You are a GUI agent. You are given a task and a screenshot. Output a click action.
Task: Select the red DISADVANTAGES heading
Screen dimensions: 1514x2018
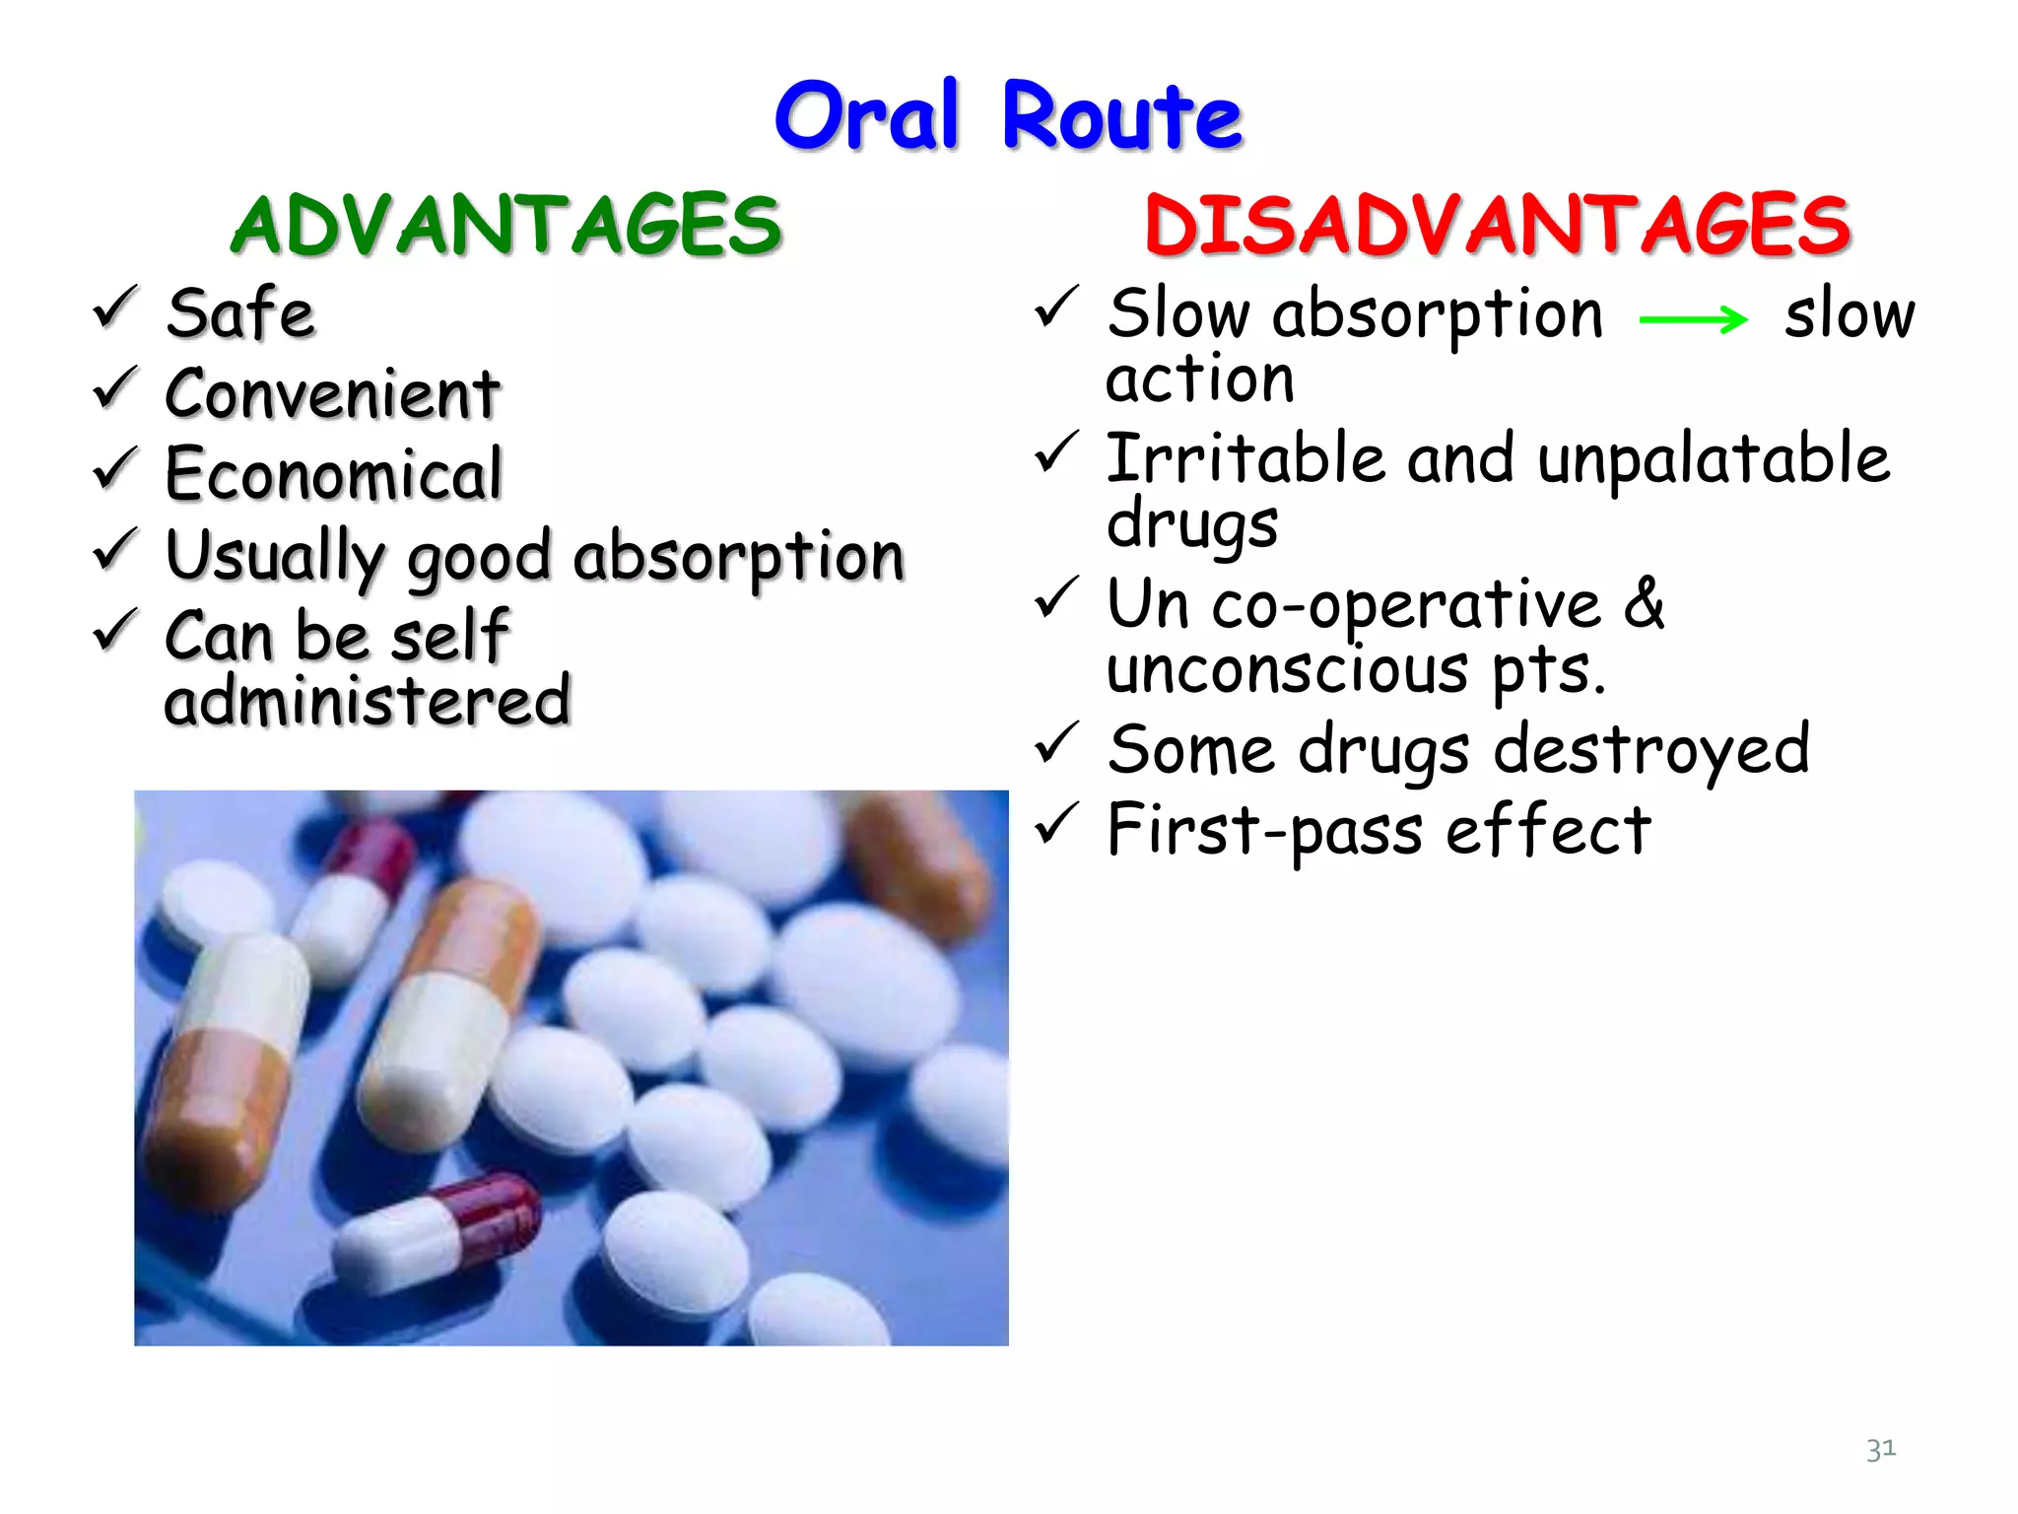coord(1497,226)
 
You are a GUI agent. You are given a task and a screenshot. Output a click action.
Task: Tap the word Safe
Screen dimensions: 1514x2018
coord(240,313)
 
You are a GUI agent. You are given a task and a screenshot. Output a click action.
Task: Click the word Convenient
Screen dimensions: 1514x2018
coord(332,394)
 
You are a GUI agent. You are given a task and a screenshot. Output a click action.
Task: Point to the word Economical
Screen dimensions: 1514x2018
coord(334,475)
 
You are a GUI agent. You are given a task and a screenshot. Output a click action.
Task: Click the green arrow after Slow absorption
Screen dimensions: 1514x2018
coord(1692,319)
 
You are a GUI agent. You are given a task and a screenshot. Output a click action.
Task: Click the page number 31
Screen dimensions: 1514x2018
coord(1880,1449)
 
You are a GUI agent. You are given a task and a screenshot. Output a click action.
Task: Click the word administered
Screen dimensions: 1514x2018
coord(368,701)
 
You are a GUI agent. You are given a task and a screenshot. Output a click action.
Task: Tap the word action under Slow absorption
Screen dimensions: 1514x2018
coord(1199,379)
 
